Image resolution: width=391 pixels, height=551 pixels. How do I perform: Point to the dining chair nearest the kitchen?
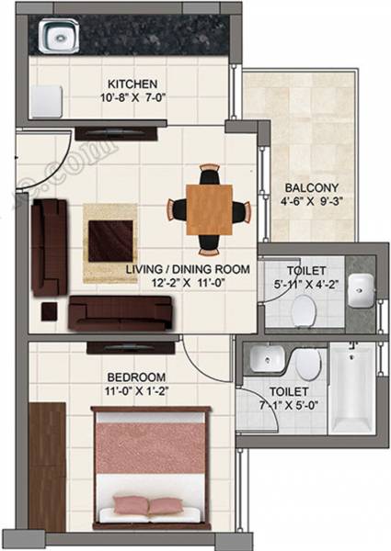pyautogui.click(x=212, y=174)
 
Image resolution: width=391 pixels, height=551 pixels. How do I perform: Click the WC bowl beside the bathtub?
pyautogui.click(x=309, y=365)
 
